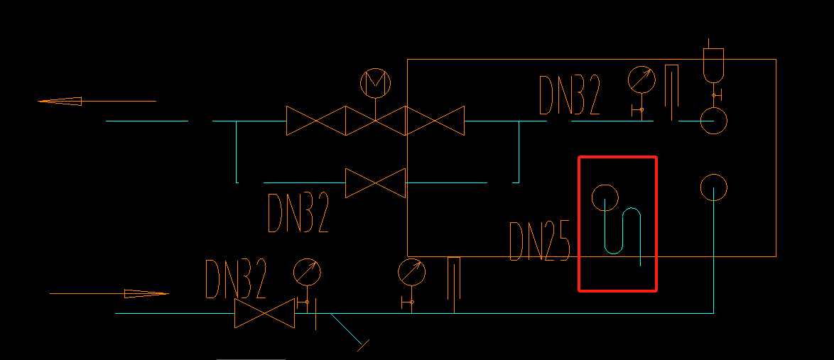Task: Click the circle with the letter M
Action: [x=375, y=83]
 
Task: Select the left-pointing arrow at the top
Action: [x=60, y=101]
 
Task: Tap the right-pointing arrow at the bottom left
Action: [x=146, y=293]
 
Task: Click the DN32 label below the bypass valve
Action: [x=298, y=213]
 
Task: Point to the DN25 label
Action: [x=540, y=241]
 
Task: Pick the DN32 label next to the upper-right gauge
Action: [x=570, y=96]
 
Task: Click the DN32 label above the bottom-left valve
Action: [x=236, y=279]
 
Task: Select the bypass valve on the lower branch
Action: [x=375, y=182]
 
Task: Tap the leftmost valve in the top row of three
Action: [x=315, y=121]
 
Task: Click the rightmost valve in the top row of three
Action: [x=435, y=121]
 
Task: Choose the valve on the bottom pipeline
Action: [x=264, y=313]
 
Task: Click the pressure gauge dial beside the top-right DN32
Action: [x=641, y=80]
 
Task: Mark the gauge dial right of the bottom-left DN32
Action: [x=307, y=272]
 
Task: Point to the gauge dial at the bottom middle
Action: [x=411, y=271]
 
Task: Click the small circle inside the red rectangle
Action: [x=605, y=197]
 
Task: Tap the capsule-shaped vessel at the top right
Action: [x=713, y=64]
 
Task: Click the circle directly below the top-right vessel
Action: [x=713, y=121]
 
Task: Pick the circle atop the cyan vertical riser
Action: [x=713, y=187]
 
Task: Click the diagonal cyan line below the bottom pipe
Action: [x=348, y=330]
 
